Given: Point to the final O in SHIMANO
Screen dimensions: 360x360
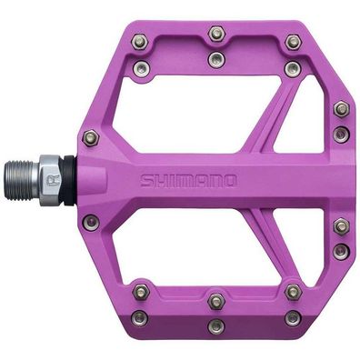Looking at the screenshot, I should pyautogui.click(x=230, y=180).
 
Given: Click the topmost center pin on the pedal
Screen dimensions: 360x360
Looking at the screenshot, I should pyautogui.click(x=215, y=35).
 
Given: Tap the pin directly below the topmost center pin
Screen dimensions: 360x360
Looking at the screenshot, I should pyautogui.click(x=215, y=60).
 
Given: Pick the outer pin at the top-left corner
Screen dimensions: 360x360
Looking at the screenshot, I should pyautogui.click(x=138, y=42).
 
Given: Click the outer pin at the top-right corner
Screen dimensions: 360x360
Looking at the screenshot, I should pyautogui.click(x=293, y=42).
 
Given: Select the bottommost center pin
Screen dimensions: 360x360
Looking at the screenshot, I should pyautogui.click(x=215, y=325).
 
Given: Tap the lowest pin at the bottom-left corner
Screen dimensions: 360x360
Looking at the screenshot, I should pyautogui.click(x=139, y=317).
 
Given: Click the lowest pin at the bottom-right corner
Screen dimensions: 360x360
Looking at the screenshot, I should pyautogui.click(x=293, y=317).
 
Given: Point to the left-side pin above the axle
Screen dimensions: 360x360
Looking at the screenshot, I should pyautogui.click(x=90, y=138).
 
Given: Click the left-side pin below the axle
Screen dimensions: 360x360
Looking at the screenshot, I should pyautogui.click(x=90, y=221).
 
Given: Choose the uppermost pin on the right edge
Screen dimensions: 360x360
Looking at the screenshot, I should pyautogui.click(x=342, y=109).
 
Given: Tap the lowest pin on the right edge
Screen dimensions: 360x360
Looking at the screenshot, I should pyautogui.click(x=341, y=250).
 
